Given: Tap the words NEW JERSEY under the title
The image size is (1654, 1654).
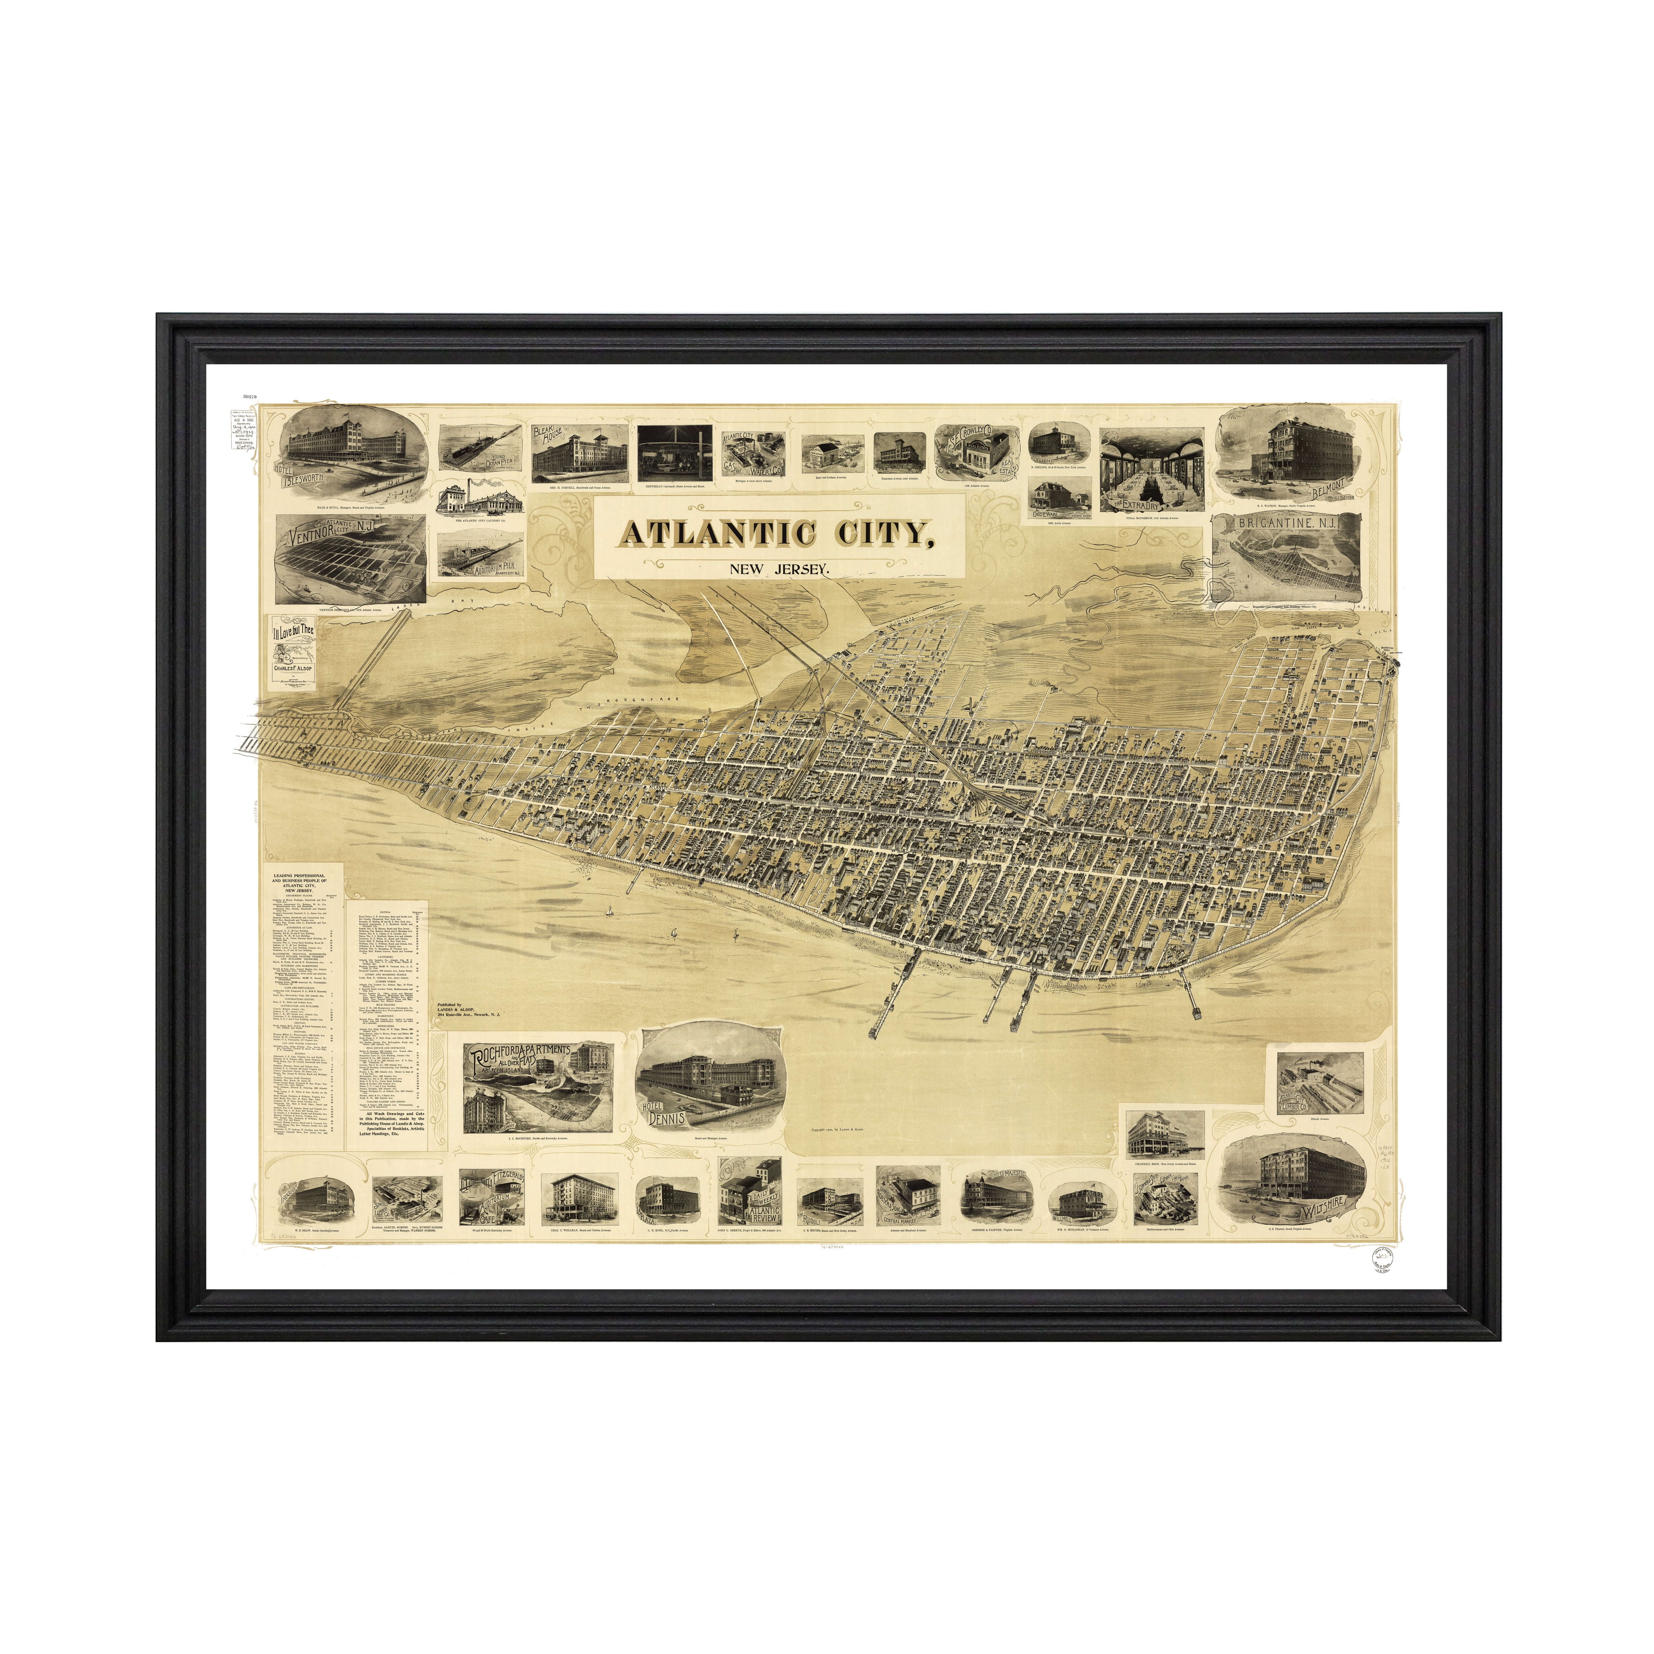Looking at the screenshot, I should (779, 569).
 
